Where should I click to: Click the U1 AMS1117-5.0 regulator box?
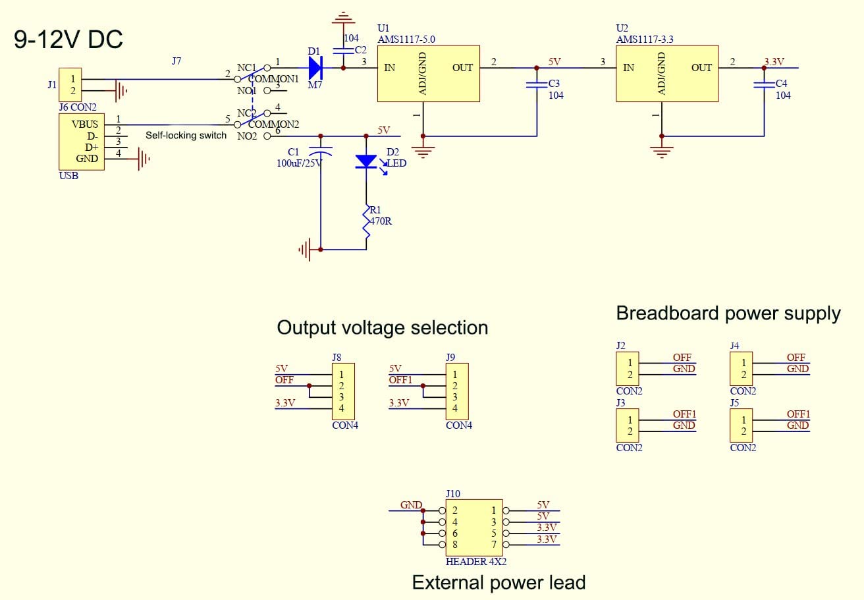[x=428, y=73]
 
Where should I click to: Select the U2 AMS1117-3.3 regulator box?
[x=666, y=73]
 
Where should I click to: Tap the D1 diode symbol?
[x=315, y=68]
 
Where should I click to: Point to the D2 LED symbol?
[x=365, y=161]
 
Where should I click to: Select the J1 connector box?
[x=71, y=84]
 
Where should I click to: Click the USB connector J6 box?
[x=81, y=142]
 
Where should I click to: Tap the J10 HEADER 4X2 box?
[x=474, y=528]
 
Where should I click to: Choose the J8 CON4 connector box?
[x=342, y=391]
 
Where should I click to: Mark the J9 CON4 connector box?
[x=456, y=391]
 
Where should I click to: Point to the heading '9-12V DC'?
[x=68, y=40]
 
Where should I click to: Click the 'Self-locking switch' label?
[x=186, y=136]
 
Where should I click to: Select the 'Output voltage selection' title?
[x=382, y=327]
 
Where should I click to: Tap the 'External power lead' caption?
[x=499, y=582]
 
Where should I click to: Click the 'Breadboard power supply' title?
[x=728, y=314]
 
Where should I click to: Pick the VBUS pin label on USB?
[x=84, y=124]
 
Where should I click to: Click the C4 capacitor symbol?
[x=764, y=84]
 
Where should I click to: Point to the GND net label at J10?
[x=411, y=505]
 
